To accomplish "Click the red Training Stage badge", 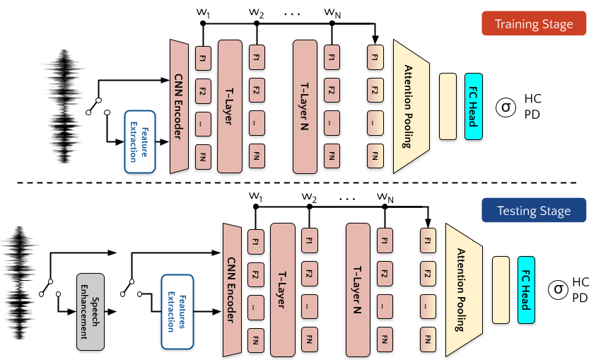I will tap(534, 24).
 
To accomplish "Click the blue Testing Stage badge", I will tap(534, 211).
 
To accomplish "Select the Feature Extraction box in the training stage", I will tap(139, 141).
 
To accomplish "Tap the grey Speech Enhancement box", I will tap(90, 312).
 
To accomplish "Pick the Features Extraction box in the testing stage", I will tap(177, 312).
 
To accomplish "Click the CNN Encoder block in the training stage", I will tap(179, 106).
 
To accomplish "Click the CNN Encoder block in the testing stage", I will tap(233, 290).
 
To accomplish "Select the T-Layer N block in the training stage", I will tap(305, 106).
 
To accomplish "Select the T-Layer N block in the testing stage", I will tap(358, 290).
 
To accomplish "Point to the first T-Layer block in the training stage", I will tap(230, 106).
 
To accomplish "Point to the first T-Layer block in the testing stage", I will tap(282, 290).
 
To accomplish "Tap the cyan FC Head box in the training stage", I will tap(474, 106).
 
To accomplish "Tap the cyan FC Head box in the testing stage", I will tap(526, 290).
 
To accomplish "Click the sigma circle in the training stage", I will tap(506, 108).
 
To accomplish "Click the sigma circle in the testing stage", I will tap(559, 289).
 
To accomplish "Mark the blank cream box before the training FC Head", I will tap(448, 106).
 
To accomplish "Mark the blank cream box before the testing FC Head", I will tap(501, 290).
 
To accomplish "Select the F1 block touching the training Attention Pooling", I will tap(375, 57).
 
